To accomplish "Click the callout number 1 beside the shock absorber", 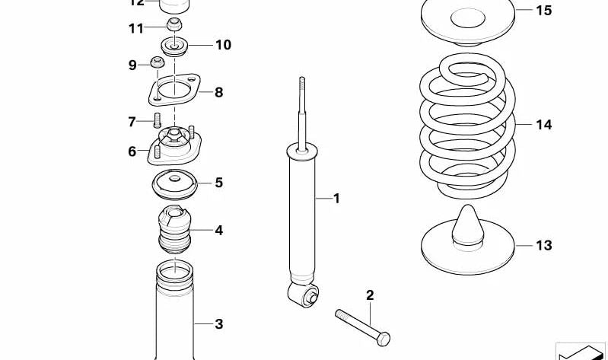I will (x=336, y=199).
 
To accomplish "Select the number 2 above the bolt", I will (x=370, y=295).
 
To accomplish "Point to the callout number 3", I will (x=218, y=324).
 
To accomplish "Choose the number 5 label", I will (x=218, y=183).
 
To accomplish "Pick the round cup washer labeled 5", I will (x=175, y=183).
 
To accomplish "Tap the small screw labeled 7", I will (x=158, y=119).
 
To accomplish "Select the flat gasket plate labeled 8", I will (x=174, y=92).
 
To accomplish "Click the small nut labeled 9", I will (x=159, y=62).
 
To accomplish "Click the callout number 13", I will (x=543, y=245).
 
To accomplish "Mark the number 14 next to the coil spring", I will (x=543, y=124).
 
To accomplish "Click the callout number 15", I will (x=543, y=11).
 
